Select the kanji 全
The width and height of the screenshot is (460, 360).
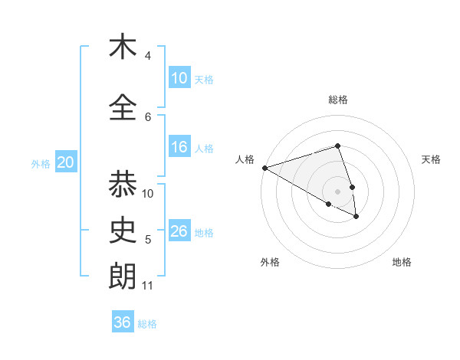(x=123, y=107)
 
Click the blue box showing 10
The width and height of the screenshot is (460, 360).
(x=179, y=78)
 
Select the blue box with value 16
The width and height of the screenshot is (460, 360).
(x=179, y=147)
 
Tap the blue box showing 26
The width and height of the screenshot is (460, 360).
(x=179, y=231)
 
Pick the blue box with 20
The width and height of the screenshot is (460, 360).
(x=66, y=162)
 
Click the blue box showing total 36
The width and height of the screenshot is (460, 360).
(x=123, y=322)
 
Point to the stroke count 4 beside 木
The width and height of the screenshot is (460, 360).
(x=148, y=55)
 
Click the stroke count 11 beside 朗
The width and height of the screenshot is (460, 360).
(x=147, y=286)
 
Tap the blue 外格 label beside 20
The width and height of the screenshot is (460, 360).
(x=41, y=163)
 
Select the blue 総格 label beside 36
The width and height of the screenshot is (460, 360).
(x=147, y=323)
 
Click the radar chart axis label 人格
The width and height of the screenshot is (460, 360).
(x=245, y=159)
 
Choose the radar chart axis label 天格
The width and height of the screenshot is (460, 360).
(x=432, y=159)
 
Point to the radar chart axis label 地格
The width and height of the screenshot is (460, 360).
(x=402, y=263)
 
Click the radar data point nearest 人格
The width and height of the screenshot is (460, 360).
(x=264, y=167)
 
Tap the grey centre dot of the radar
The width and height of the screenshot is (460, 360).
(x=338, y=191)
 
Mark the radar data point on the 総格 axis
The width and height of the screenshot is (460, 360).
(x=338, y=146)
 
